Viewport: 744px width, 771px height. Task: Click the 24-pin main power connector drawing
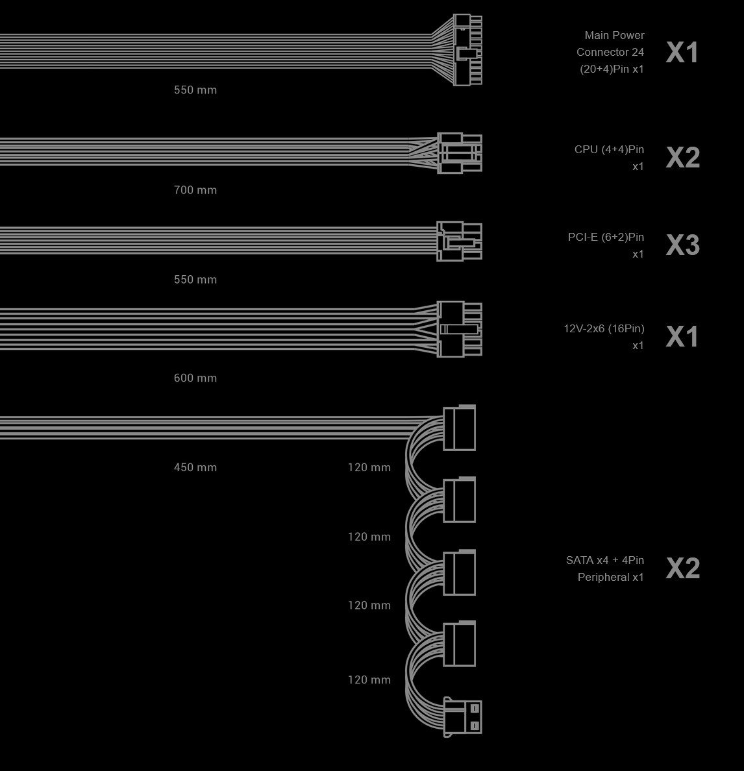click(x=467, y=50)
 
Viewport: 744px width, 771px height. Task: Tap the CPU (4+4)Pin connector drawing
click(x=460, y=153)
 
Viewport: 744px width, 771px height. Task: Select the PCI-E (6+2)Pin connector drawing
click(x=460, y=241)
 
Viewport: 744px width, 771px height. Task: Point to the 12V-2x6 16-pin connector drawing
click(x=460, y=329)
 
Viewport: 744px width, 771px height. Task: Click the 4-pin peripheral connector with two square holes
click(x=463, y=717)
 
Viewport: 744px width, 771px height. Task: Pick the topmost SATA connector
click(x=459, y=427)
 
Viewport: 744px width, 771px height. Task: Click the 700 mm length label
click(x=195, y=190)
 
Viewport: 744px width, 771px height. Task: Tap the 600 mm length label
click(x=195, y=378)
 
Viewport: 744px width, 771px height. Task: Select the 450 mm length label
click(x=195, y=467)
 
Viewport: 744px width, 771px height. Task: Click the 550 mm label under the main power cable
click(x=195, y=90)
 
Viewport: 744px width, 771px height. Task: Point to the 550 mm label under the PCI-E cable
click(x=195, y=279)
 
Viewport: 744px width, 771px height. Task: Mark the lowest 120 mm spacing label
click(x=369, y=679)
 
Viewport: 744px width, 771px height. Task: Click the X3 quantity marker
click(x=682, y=245)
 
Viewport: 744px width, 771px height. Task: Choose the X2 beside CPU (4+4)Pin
click(x=682, y=157)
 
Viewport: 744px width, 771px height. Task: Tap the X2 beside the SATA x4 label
click(x=682, y=568)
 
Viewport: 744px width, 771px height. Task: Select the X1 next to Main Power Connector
click(x=682, y=52)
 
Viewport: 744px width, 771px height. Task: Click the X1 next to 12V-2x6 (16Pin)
click(x=682, y=336)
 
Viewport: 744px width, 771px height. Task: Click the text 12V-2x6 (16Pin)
click(x=604, y=328)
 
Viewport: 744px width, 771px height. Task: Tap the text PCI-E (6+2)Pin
click(x=606, y=237)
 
